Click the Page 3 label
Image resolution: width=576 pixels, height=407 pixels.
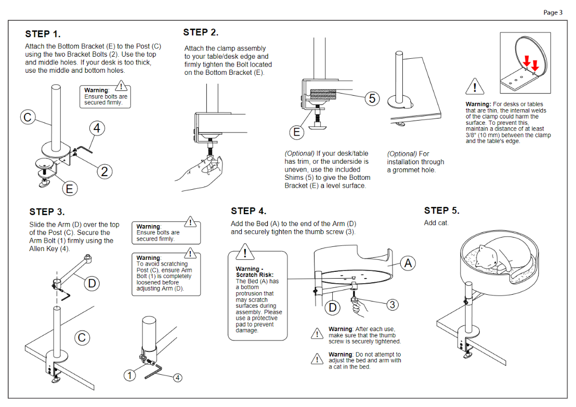(553, 12)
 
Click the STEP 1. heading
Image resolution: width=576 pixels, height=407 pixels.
(43, 34)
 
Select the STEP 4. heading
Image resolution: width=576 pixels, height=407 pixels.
(248, 211)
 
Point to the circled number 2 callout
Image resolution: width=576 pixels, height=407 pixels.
(104, 171)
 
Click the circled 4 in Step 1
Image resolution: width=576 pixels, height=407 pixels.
(96, 128)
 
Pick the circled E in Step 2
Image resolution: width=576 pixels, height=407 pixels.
(297, 132)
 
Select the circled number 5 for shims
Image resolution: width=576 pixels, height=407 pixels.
(372, 99)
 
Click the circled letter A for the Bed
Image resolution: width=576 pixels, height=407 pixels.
(408, 264)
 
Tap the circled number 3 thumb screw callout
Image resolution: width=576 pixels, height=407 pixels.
(393, 305)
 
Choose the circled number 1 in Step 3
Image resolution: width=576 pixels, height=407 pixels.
(130, 374)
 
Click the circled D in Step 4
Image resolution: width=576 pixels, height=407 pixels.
(333, 307)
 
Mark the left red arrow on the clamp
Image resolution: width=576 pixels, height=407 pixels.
(526, 61)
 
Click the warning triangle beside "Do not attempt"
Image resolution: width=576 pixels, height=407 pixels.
(317, 359)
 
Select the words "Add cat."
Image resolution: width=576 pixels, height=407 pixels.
(436, 223)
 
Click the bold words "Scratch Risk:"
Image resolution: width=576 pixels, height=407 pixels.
(255, 275)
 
